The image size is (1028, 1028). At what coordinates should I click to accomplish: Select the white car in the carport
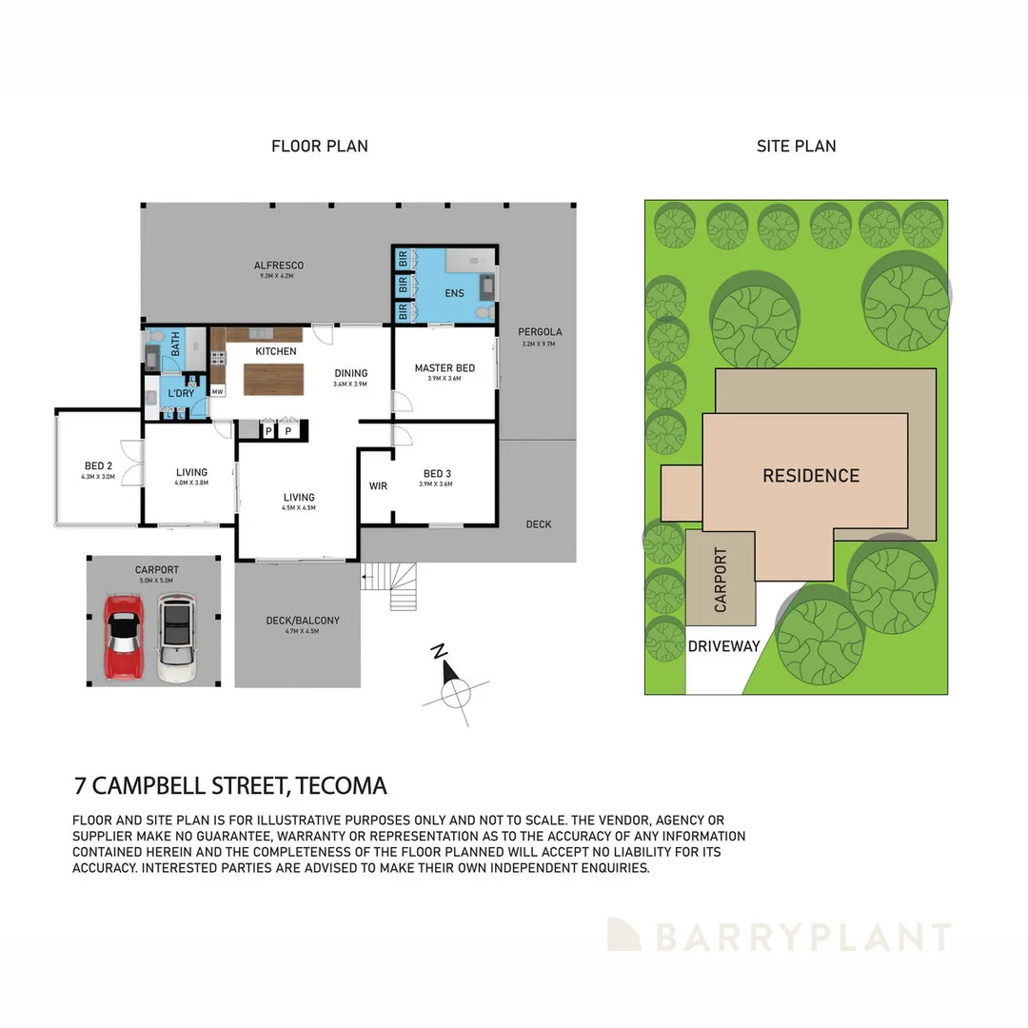[x=176, y=637]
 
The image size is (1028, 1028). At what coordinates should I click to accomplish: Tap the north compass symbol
[x=454, y=691]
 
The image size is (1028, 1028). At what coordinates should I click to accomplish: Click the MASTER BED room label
[x=445, y=368]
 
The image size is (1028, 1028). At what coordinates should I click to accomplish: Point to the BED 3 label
[x=438, y=473]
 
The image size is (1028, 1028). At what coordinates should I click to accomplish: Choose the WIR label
[x=378, y=486]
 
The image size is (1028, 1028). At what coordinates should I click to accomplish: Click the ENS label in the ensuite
[x=454, y=293]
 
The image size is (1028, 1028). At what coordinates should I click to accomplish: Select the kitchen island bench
[x=273, y=379]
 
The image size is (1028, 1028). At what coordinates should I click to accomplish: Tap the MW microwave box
[x=218, y=391]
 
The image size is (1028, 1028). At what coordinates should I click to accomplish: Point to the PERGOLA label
[x=540, y=332]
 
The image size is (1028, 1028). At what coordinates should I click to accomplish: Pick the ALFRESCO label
[x=278, y=266]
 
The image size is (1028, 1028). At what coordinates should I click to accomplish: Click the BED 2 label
[x=99, y=466]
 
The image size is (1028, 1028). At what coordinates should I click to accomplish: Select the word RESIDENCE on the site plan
[x=811, y=476]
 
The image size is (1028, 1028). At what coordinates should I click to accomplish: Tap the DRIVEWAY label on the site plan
[x=724, y=646]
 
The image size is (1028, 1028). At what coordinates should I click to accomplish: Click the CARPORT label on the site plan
[x=721, y=580]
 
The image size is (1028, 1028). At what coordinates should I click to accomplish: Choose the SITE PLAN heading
[x=796, y=147]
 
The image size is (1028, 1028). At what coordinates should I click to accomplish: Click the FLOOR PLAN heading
[x=320, y=147]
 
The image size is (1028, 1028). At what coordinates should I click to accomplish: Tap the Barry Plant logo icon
[x=624, y=934]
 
